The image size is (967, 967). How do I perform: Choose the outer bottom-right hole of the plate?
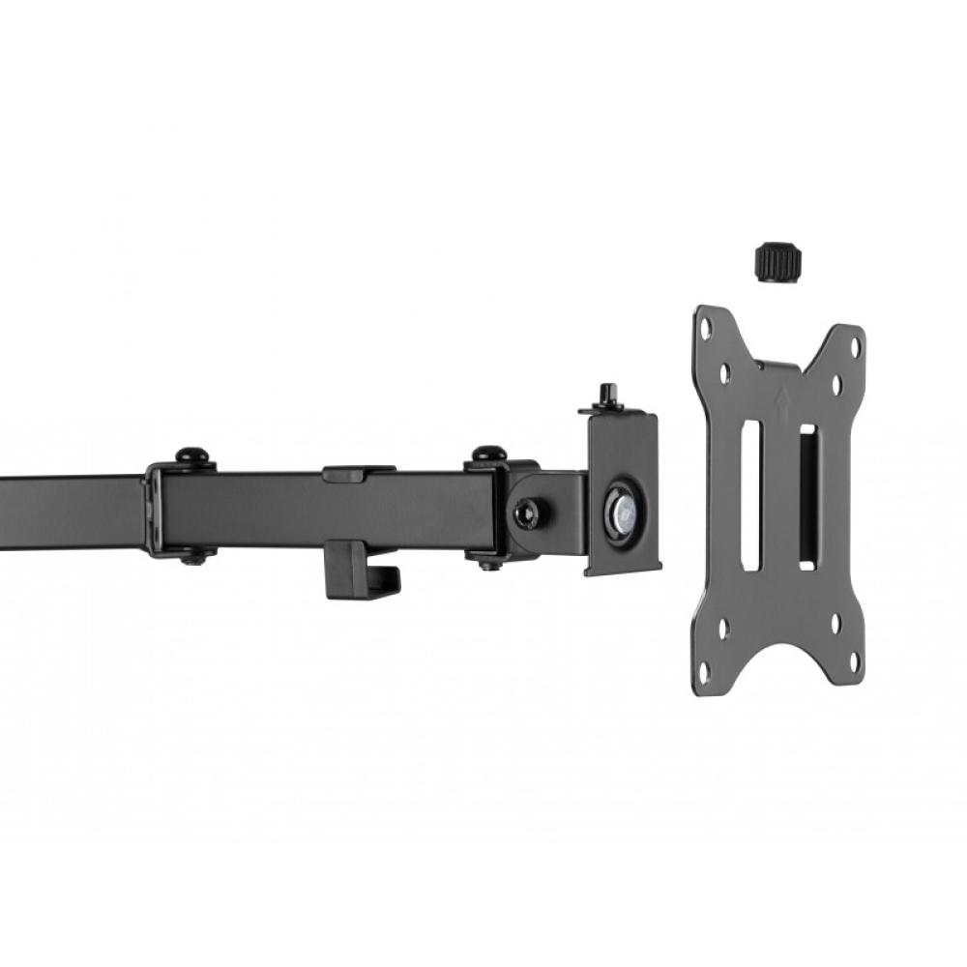pyautogui.click(x=853, y=661)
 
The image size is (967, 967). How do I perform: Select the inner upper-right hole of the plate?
pyautogui.click(x=836, y=385)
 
